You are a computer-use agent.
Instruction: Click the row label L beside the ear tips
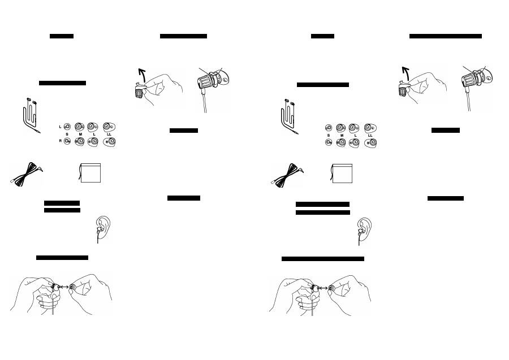(60, 127)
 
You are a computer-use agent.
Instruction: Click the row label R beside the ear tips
(60, 141)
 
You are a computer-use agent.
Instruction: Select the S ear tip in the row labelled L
(67, 127)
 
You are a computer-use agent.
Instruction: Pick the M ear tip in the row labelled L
(79, 127)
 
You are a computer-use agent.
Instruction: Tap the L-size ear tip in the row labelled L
(93, 127)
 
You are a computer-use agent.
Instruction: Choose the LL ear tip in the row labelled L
(109, 127)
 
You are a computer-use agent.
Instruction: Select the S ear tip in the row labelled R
(67, 141)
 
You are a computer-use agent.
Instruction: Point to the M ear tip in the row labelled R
(80, 142)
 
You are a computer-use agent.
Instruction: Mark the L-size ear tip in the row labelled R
(93, 142)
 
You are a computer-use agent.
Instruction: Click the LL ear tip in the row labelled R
(109, 142)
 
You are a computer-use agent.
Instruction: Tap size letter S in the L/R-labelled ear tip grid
(67, 135)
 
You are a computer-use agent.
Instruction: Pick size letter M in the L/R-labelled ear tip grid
(80, 135)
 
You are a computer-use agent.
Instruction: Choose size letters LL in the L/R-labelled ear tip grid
(109, 135)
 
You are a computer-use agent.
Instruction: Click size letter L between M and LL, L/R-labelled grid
(94, 135)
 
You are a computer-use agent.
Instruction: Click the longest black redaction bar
(323, 259)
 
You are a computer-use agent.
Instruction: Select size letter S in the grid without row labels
(329, 135)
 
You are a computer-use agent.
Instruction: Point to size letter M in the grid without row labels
(342, 135)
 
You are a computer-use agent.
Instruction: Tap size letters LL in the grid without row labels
(370, 135)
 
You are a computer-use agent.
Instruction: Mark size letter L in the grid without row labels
(356, 135)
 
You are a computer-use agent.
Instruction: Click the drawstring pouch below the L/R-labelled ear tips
(90, 173)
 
